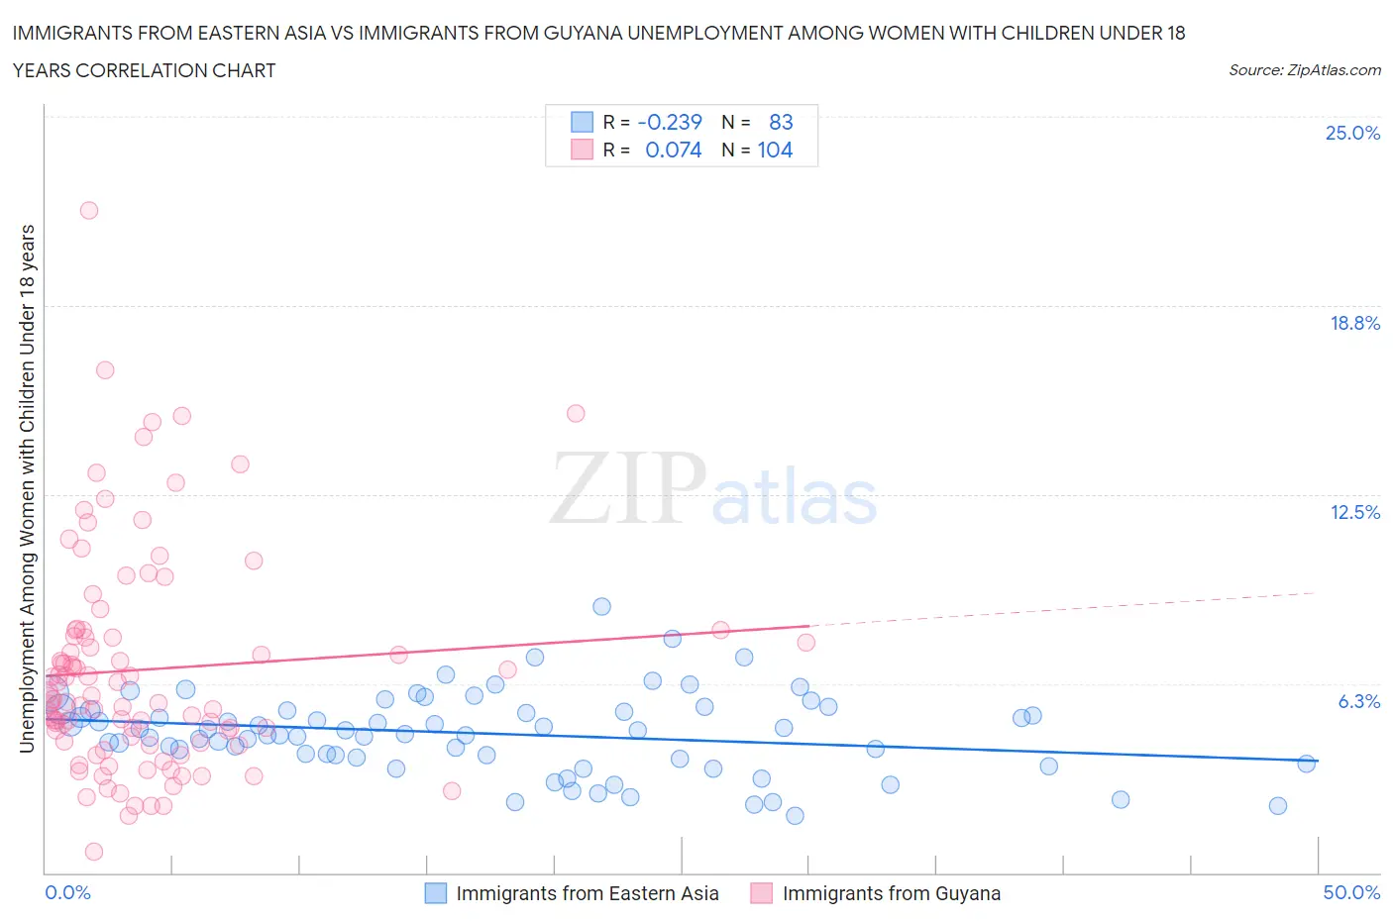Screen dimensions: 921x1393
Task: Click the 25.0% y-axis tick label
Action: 1352,133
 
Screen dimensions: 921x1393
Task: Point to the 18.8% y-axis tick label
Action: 1354,323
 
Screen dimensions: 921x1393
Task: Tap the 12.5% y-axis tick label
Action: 1354,512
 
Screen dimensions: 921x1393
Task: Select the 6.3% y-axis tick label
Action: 1358,701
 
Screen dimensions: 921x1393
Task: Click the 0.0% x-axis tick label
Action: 67,892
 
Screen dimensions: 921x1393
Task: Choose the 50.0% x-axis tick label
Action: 1351,892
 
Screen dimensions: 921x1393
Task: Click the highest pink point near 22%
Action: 88,210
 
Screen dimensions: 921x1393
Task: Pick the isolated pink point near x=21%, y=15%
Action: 576,413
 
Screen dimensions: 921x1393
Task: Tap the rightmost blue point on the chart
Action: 1306,764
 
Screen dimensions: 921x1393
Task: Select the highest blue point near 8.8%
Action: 601,606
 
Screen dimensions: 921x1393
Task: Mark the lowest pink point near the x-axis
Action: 94,852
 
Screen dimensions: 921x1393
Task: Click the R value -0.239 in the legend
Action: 670,122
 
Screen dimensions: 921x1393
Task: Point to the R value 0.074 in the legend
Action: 673,150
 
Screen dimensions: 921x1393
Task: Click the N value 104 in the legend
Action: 775,150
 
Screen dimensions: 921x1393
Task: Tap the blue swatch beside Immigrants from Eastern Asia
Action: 436,893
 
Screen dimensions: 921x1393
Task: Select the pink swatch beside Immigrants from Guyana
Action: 761,893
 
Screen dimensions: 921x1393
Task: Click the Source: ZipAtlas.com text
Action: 1304,69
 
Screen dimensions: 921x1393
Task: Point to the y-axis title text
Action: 27,488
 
